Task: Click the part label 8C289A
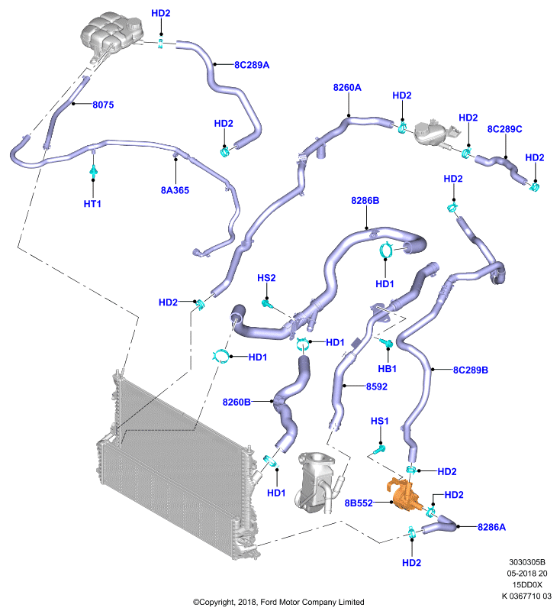tap(252, 65)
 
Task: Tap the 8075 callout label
tap(103, 105)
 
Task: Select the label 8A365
tap(175, 190)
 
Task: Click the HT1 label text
tap(92, 203)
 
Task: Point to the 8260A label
tap(347, 87)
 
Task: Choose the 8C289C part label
tap(505, 129)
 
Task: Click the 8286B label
tap(365, 200)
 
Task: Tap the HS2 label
tap(266, 278)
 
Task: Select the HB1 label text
tap(387, 368)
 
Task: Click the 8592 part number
tap(376, 386)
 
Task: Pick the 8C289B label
tap(470, 370)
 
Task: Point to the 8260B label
tap(237, 402)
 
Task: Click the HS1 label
tap(379, 421)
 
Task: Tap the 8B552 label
tap(359, 503)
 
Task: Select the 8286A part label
tap(491, 527)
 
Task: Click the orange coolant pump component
tap(404, 494)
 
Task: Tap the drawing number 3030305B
tap(527, 562)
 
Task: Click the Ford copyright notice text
tap(278, 602)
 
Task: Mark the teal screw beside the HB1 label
tap(387, 343)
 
